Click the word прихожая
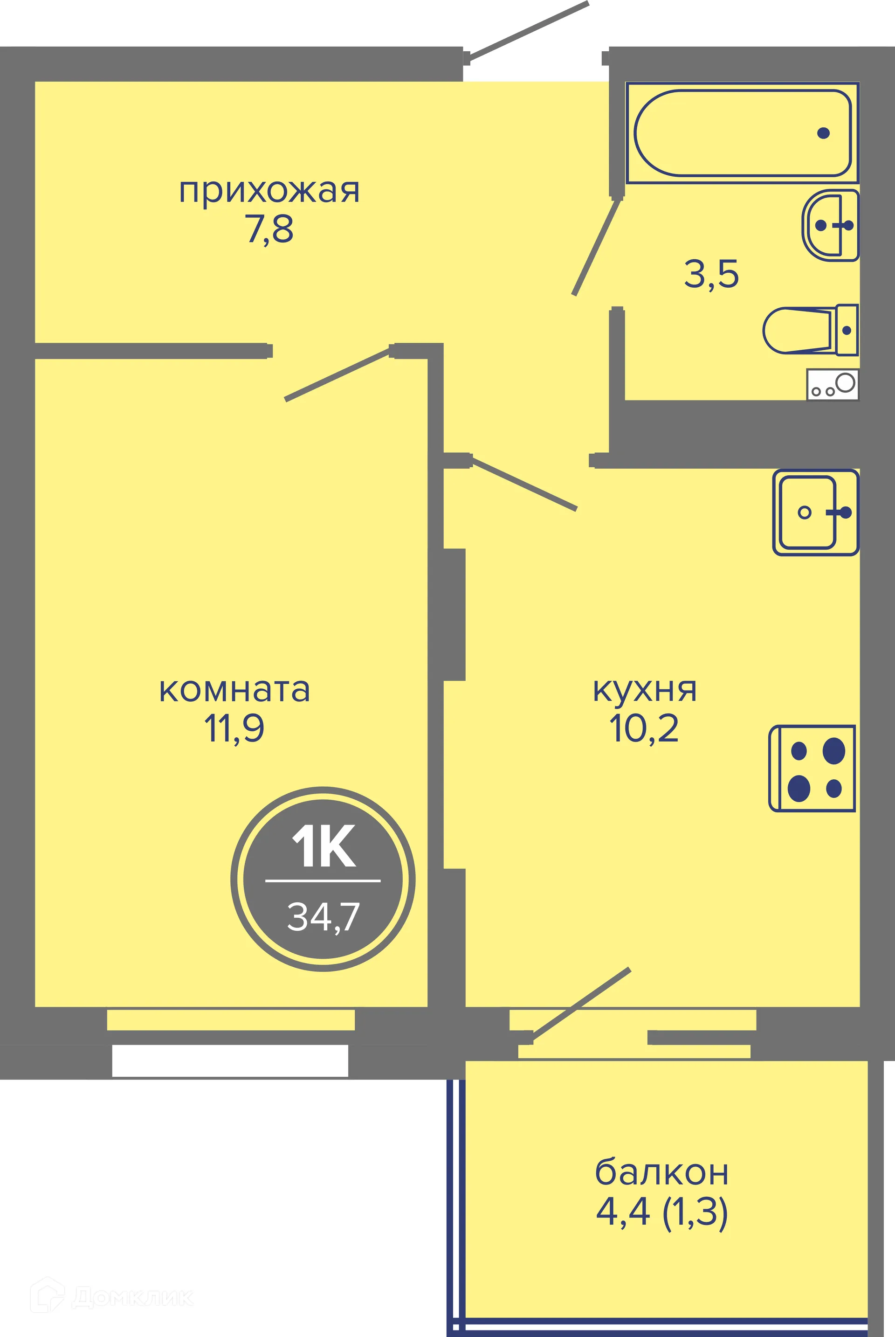tap(269, 192)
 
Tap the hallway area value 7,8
tap(269, 229)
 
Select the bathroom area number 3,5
tap(711, 274)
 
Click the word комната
tap(234, 690)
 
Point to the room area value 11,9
tap(234, 728)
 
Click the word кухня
tap(645, 690)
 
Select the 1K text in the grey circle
tap(324, 846)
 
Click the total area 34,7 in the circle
tap(323, 916)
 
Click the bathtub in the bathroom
tap(742, 133)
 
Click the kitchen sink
tap(815, 512)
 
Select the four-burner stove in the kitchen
tap(812, 769)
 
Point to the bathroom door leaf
tap(597, 247)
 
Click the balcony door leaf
tap(581, 1004)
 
